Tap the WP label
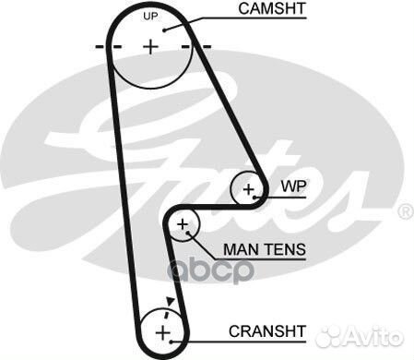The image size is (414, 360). pyautogui.click(x=292, y=185)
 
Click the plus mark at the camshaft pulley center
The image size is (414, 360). pyautogui.click(x=151, y=45)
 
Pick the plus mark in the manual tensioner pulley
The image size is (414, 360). pyautogui.click(x=183, y=224)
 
